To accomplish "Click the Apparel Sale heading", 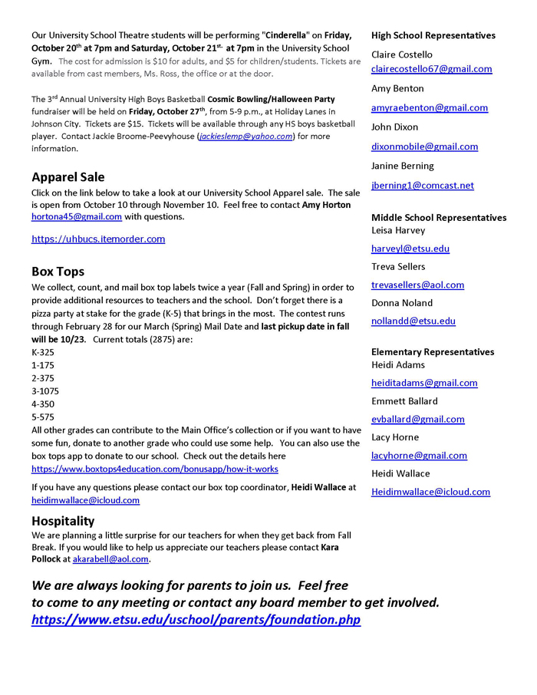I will [x=68, y=177].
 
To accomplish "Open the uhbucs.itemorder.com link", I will [x=98, y=239].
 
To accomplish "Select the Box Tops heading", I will [x=58, y=272].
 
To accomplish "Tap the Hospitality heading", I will [x=63, y=521].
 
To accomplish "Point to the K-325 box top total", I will [x=43, y=352].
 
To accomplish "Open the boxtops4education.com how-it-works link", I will [x=155, y=469].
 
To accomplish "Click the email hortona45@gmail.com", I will [x=77, y=217].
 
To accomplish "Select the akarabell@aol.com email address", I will [x=110, y=560].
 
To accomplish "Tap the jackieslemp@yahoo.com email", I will [x=246, y=137].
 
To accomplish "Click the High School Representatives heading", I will [x=433, y=35].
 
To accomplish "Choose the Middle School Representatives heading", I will [x=439, y=218].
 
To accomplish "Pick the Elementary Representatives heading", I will [x=433, y=352].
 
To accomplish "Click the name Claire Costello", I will [x=402, y=54].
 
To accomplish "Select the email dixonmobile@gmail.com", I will [x=424, y=147].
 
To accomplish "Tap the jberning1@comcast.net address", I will [x=423, y=186].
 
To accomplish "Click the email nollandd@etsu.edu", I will [x=413, y=321].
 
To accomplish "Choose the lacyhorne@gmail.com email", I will [x=419, y=456].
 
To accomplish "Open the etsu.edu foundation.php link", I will [x=196, y=620].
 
